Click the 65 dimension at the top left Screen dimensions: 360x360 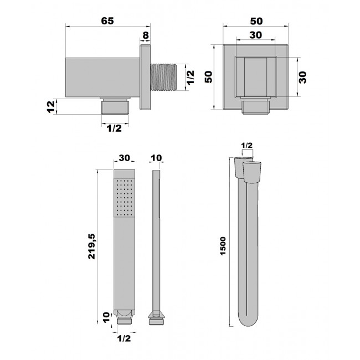point(107,21)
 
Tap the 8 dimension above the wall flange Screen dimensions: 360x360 point(146,35)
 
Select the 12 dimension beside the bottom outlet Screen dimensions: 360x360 point(51,106)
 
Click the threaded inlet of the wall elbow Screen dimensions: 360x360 point(163,77)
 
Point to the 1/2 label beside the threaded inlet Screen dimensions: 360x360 point(191,78)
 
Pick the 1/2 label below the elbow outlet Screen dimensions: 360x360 point(114,128)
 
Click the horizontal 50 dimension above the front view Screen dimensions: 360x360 point(256,21)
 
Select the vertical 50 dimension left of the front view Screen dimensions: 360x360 point(208,77)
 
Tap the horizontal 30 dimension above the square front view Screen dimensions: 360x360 point(255,35)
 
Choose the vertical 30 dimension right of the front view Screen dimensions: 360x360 point(303,78)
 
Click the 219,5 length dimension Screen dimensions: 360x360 point(91,246)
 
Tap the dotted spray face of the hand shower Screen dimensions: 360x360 point(124,198)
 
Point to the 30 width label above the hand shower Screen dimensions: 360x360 point(124,158)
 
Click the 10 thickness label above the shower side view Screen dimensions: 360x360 point(156,158)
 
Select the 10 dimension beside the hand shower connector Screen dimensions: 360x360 point(106,317)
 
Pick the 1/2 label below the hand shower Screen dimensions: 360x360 point(124,338)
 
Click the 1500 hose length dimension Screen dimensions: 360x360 point(223,246)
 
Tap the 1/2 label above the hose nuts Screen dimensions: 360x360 point(247,145)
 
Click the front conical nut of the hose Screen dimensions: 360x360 point(252,172)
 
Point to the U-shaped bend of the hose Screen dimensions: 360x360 point(248,318)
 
